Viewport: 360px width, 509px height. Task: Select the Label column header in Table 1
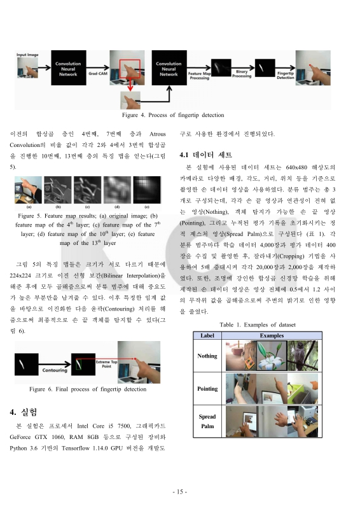[x=207, y=335]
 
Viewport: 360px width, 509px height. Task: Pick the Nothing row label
[x=207, y=356]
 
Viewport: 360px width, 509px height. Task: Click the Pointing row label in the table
[x=207, y=388]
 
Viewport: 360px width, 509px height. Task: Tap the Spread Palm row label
[x=207, y=421]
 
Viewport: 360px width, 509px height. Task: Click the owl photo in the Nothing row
[x=297, y=356]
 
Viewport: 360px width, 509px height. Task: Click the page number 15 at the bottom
[x=180, y=492]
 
